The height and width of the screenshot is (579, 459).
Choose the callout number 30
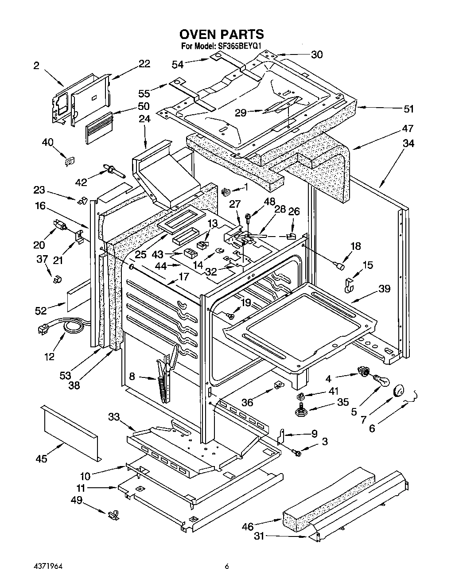[x=316, y=54]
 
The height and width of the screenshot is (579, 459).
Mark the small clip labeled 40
[x=70, y=161]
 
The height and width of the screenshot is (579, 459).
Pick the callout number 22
[x=144, y=63]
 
